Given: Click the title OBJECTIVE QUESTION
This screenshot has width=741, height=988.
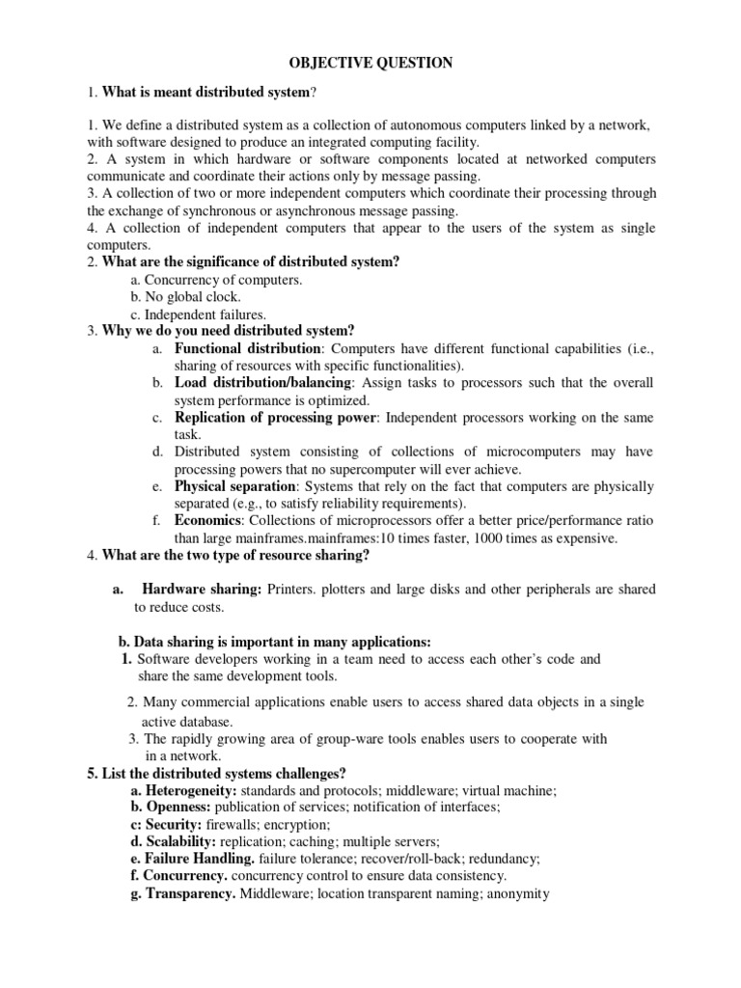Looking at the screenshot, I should click(371, 63).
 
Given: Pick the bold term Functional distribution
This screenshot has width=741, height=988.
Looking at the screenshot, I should click(247, 348).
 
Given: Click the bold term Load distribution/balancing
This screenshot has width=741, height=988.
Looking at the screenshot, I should click(264, 383).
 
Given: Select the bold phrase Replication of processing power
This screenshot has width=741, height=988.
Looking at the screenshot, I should click(276, 418).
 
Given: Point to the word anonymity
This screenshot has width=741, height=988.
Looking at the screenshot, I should click(518, 893).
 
